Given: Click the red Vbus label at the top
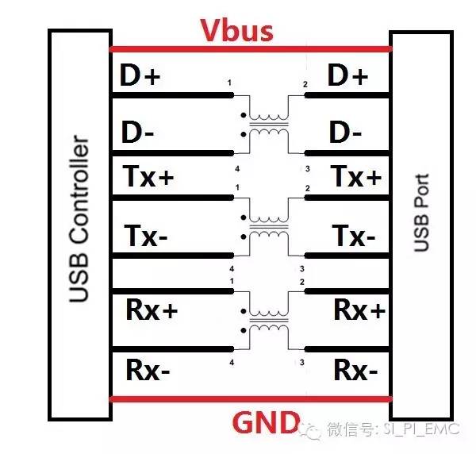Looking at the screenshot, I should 236,32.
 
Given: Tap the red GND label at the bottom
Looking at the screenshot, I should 266,422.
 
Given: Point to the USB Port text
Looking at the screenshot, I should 421,213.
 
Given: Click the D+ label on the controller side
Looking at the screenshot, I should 140,76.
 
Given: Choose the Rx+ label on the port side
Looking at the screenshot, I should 359,310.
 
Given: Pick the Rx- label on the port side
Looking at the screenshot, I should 356,369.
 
